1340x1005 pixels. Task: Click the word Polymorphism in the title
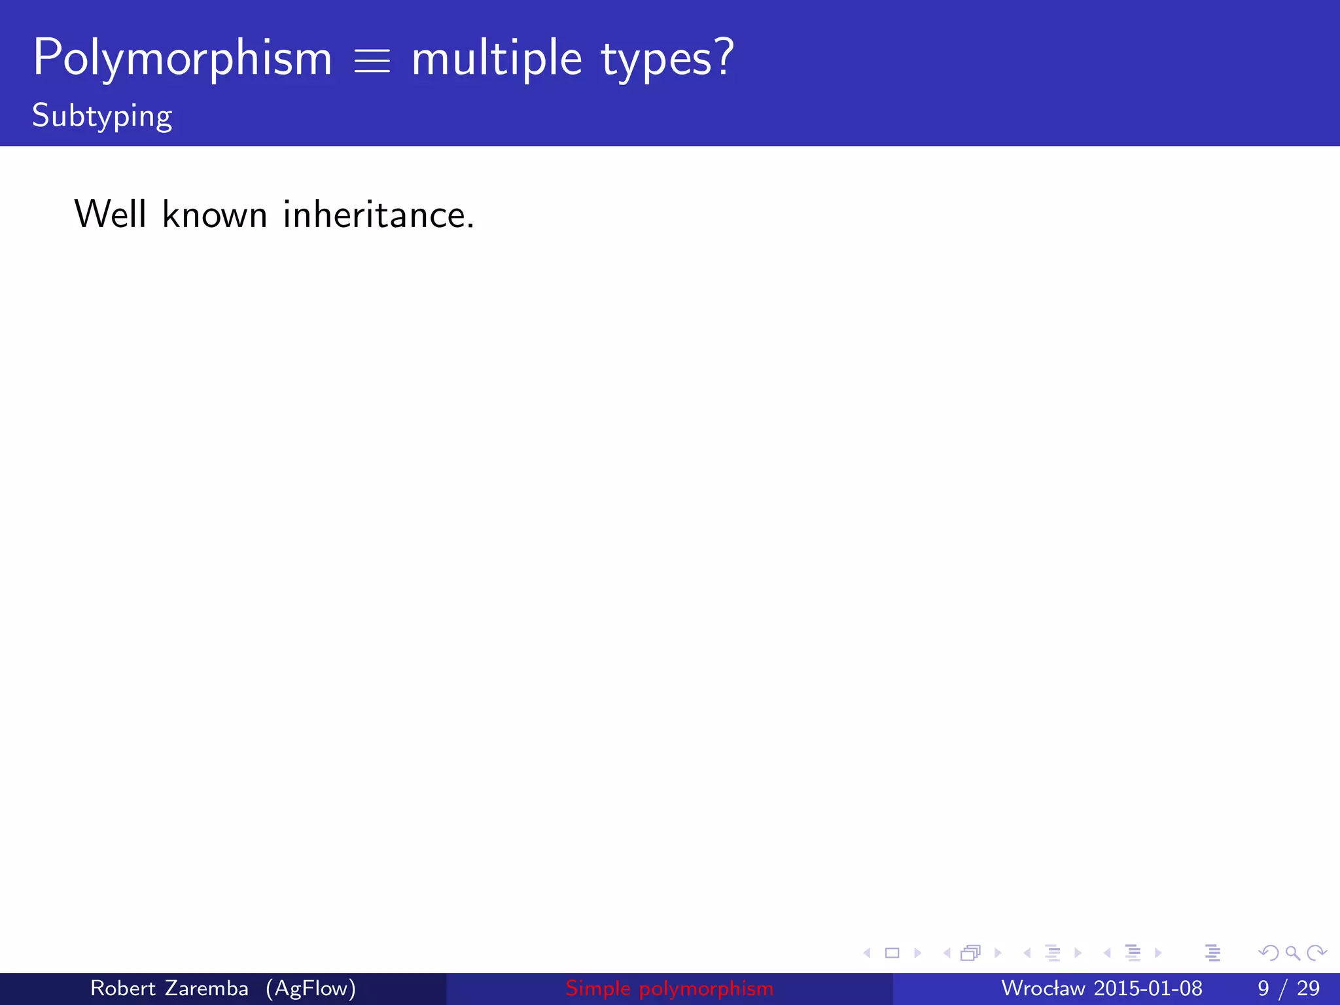[x=183, y=59]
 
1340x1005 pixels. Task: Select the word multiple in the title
[x=497, y=59]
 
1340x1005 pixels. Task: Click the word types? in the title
[x=667, y=59]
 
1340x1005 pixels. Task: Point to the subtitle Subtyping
[x=102, y=116]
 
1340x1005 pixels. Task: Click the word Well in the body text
[x=110, y=214]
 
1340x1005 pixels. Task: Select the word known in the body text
[x=215, y=214]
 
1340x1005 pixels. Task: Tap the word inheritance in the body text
[x=378, y=214]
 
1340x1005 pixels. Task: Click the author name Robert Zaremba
[x=169, y=988]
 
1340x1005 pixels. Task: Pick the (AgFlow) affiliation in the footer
[x=311, y=988]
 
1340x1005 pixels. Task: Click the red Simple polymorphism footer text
[x=669, y=988]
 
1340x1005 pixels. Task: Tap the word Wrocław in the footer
[x=1043, y=988]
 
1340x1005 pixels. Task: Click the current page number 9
[x=1263, y=988]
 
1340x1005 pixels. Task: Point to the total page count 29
[x=1308, y=988]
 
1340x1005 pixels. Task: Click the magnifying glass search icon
[x=1292, y=953]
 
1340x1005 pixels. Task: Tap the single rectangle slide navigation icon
[x=892, y=953]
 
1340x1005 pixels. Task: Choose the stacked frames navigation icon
[x=970, y=953]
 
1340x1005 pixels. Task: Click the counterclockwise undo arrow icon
[x=1268, y=953]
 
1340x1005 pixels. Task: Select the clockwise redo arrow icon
[x=1316, y=953]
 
